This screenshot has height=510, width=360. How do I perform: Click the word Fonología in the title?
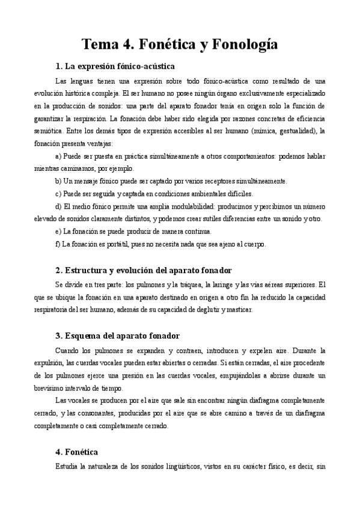coord(243,44)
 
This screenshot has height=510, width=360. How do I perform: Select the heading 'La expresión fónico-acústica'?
coord(119,66)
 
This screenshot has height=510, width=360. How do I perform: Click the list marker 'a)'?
coord(58,155)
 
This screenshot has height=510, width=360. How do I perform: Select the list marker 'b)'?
coord(58,181)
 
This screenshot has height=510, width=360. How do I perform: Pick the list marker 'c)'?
coord(58,194)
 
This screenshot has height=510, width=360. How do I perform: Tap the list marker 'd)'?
coord(58,207)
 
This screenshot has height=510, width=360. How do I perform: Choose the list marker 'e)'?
coord(58,232)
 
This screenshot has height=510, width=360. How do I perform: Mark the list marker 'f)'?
coord(58,244)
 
